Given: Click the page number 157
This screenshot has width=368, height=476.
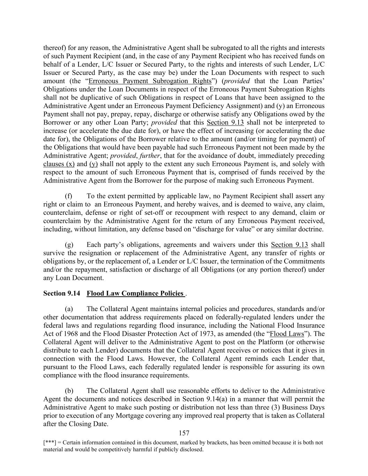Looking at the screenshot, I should [184, 433].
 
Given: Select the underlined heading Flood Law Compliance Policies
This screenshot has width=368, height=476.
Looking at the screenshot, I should [135, 293].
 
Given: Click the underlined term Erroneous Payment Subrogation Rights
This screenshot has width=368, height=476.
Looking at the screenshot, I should [150, 81].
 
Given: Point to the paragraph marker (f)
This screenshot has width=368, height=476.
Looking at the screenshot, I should [69, 196].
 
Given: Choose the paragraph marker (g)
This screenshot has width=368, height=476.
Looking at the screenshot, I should [69, 245].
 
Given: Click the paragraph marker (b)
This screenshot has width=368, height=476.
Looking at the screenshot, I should [69, 391].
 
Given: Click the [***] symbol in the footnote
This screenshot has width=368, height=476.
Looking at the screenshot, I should [49, 443].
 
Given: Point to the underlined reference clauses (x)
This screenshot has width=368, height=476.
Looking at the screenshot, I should [59, 164].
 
